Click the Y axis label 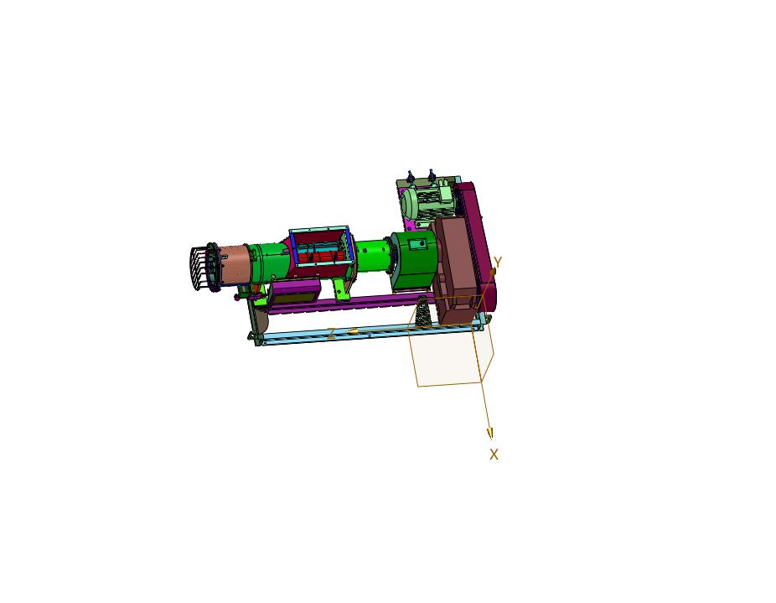pos(498,262)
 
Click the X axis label pos(494,455)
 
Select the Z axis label pos(331,334)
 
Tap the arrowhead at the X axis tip pos(490,434)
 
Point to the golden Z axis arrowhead pos(352,331)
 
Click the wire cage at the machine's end pos(203,268)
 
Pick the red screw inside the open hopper pos(321,257)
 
